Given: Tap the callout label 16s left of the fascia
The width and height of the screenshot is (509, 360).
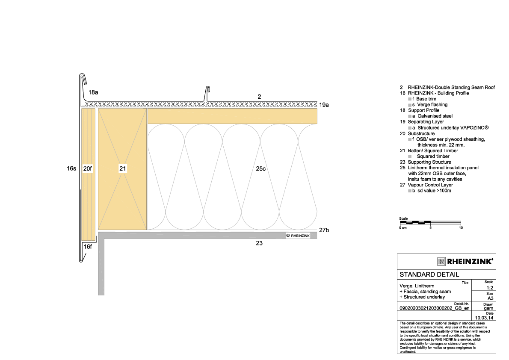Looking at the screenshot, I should [x=71, y=169].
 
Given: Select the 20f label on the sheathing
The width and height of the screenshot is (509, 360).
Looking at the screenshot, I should [x=88, y=169].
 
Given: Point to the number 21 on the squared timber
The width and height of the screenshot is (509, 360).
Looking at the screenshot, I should [x=123, y=169].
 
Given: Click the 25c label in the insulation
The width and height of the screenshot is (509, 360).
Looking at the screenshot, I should [x=261, y=169].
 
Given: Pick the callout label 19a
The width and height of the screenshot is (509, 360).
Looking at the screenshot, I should [x=324, y=104].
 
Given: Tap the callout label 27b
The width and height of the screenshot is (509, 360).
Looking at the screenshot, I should [x=324, y=230].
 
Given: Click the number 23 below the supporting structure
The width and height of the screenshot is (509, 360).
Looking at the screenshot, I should [x=259, y=243].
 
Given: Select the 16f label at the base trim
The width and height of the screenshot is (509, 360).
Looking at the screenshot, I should [x=88, y=247].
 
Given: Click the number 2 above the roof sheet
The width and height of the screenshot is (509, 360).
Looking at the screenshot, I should [x=259, y=97].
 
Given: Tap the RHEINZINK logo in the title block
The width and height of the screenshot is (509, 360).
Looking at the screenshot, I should [x=465, y=261].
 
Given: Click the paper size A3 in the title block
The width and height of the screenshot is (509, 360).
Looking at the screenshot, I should [x=490, y=298].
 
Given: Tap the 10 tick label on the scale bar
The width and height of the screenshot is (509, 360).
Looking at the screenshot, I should [x=461, y=228].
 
